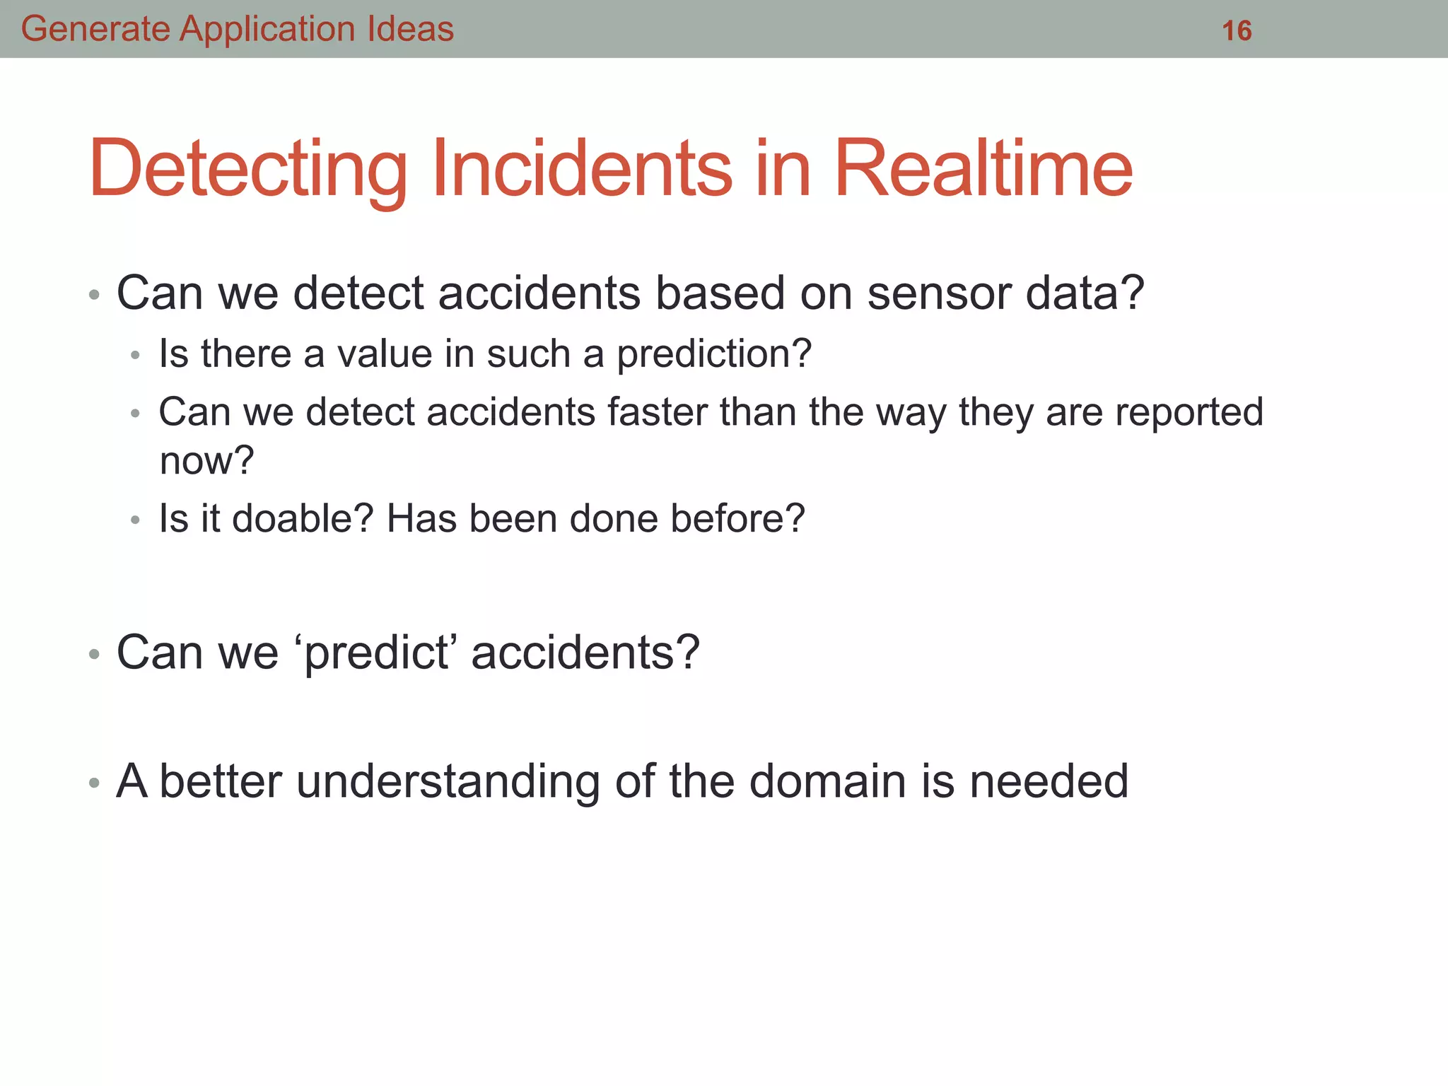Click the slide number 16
pos(1237,30)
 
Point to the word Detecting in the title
pos(247,170)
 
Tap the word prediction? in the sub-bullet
pos(714,354)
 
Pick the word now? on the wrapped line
pos(206,461)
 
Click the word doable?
pos(302,518)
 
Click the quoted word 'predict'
pos(376,652)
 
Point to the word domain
pos(827,781)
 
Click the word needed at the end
pos(1049,781)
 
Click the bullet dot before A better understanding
pos(94,783)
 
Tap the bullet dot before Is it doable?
pos(136,520)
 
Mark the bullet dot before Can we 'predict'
pos(94,654)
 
